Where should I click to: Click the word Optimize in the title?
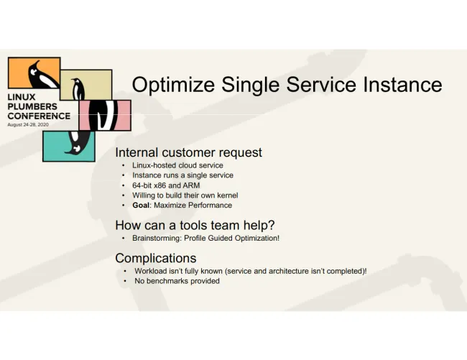[x=173, y=86]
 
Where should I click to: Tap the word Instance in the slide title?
[x=402, y=85]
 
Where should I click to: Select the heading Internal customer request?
[x=188, y=152]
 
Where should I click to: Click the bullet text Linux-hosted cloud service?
[x=177, y=165]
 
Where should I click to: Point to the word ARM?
[x=191, y=185]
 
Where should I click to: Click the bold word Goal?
[x=141, y=206]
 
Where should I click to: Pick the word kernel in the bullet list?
[x=228, y=195]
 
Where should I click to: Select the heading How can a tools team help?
[x=195, y=226]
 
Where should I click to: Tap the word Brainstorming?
[x=157, y=239]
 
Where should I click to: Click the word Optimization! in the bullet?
[x=257, y=239]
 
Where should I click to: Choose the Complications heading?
[x=156, y=258]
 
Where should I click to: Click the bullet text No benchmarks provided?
[x=177, y=281]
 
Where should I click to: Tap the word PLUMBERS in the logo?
[x=32, y=106]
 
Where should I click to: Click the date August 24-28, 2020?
[x=28, y=125]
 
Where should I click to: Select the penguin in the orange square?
[x=42, y=75]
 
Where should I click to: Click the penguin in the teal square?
[x=78, y=142]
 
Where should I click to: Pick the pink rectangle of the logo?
[x=105, y=115]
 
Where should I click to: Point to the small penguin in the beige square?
[x=78, y=88]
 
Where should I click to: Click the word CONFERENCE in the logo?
[x=39, y=116]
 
